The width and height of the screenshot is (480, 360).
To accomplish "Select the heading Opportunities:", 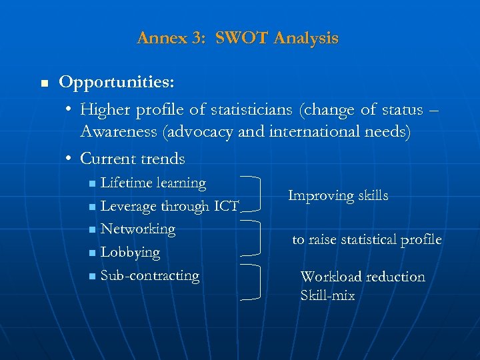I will coord(117,82).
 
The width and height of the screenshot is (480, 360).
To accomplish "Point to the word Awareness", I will coord(119,132).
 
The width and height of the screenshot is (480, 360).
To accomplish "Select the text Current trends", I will coord(132,159).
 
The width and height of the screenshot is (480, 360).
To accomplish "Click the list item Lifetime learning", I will coord(153,183).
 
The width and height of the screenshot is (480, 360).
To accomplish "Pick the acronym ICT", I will coord(226,207).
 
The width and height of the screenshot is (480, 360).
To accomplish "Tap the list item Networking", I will coord(137,229).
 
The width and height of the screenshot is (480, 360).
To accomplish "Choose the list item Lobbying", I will coord(130,253).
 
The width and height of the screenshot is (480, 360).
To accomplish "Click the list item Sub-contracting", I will coord(149,275).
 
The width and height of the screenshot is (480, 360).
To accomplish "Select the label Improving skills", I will coord(338,195).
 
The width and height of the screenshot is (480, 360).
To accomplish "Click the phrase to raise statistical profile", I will coord(367,239).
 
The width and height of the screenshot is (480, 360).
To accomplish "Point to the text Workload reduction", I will coord(363,277).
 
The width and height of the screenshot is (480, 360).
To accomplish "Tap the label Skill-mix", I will coord(327,295).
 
